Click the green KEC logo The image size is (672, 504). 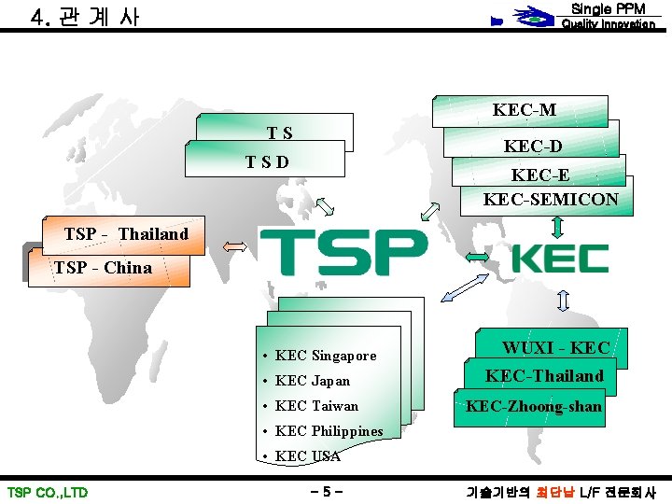click(560, 259)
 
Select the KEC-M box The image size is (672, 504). click(525, 109)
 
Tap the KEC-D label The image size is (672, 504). click(533, 146)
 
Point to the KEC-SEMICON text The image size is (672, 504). click(551, 199)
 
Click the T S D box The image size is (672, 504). click(267, 161)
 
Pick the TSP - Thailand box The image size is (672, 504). click(126, 233)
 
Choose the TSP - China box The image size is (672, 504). click(104, 268)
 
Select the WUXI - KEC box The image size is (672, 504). click(555, 347)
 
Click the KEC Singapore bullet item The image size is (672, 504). click(326, 356)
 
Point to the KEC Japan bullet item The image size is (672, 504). click(313, 381)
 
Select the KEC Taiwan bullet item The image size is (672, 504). click(316, 406)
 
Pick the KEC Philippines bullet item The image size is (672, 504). click(329, 431)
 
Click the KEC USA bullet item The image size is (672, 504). click(307, 456)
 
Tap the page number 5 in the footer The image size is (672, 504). click(326, 492)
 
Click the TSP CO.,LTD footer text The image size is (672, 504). click(48, 492)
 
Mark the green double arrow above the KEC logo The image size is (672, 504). click(557, 226)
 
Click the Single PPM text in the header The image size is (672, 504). click(608, 8)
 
